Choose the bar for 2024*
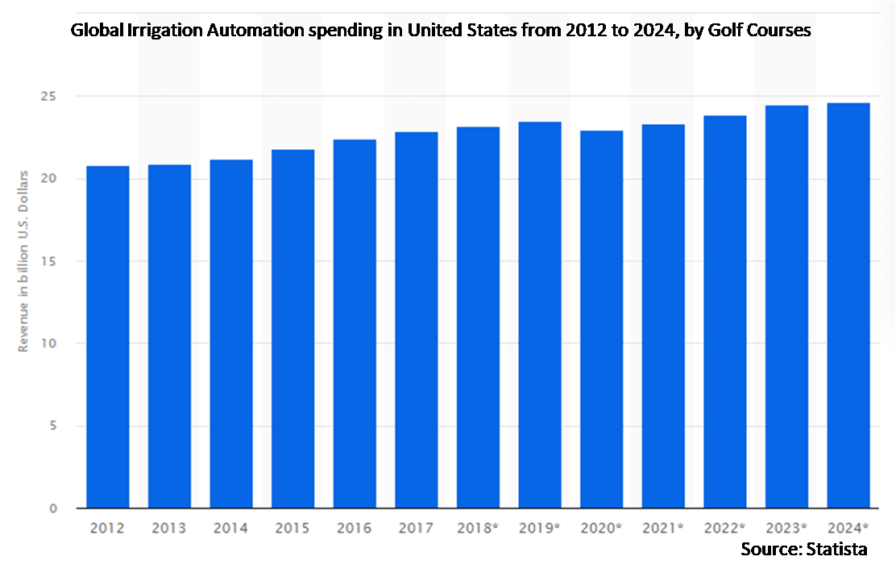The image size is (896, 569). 848,305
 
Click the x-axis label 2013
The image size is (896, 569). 169,529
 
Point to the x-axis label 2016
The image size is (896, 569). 355,529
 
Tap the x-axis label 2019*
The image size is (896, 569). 540,529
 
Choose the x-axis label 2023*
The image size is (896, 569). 786,529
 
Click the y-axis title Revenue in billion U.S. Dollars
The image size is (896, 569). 25,260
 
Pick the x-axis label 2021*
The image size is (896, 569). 663,529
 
